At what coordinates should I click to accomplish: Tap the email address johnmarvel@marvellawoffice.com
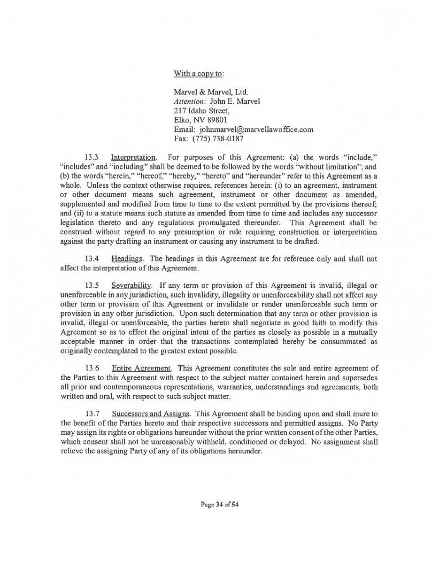point(256,129)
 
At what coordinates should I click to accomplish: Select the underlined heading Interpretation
point(133,157)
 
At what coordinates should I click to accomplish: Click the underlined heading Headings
point(127,259)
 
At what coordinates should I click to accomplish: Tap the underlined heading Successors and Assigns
point(151,414)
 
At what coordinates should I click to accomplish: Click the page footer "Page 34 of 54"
point(220,505)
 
